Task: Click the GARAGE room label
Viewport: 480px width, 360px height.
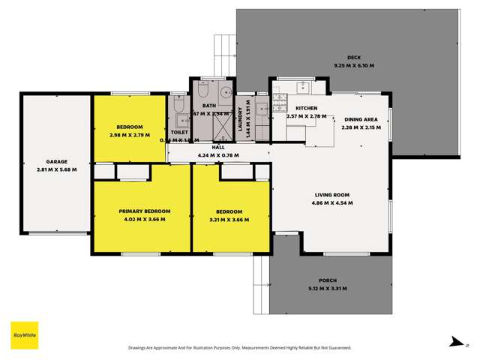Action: pyautogui.click(x=57, y=161)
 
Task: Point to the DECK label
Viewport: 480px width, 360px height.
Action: pyautogui.click(x=355, y=58)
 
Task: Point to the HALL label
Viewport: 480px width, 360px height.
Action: pyautogui.click(x=218, y=147)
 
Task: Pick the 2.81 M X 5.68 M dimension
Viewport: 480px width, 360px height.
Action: pyautogui.click(x=57, y=169)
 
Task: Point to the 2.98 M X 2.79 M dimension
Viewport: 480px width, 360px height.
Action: pyautogui.click(x=130, y=135)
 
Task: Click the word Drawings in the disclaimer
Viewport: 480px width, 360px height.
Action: pyautogui.click(x=143, y=347)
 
